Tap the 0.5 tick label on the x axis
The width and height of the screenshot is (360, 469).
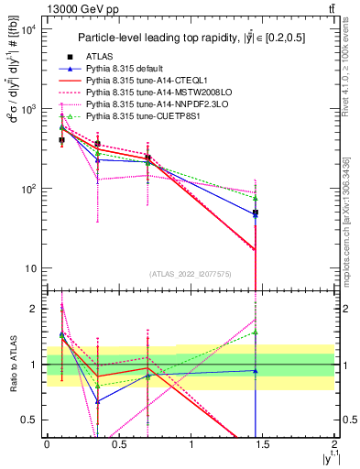(x=118, y=444)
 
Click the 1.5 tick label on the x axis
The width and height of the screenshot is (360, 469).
(x=263, y=444)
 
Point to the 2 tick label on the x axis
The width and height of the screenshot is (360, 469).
(x=335, y=444)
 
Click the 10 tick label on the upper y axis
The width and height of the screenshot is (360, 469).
(x=30, y=268)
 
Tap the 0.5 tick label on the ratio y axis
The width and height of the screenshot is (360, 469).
(x=28, y=420)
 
